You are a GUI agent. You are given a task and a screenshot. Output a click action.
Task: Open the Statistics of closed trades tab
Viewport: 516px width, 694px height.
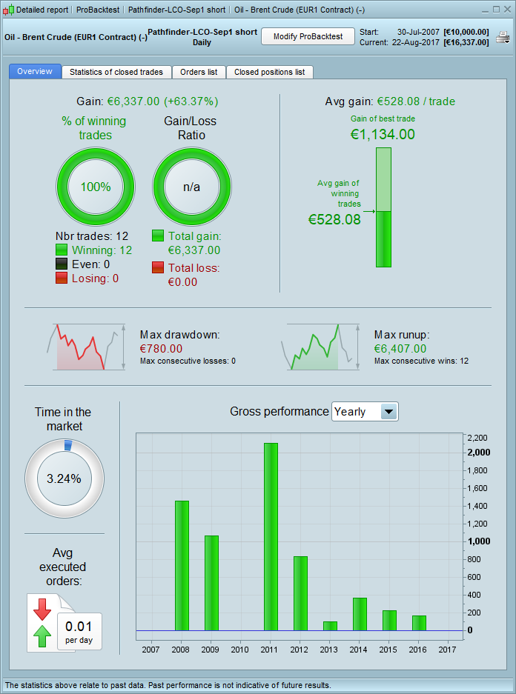(x=117, y=72)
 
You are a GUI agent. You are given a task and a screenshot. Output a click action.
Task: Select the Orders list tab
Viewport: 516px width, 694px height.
(x=199, y=72)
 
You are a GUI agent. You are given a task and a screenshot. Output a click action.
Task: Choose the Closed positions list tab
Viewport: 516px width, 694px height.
(x=269, y=72)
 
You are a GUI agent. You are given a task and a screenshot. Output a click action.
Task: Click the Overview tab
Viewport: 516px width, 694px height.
(x=35, y=72)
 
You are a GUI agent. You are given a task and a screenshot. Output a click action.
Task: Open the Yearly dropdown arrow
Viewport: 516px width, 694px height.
(x=388, y=412)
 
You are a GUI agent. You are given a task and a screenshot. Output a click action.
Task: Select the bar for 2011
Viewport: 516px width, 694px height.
(x=271, y=536)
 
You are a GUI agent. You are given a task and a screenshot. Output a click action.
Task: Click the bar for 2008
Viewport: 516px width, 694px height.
(x=182, y=565)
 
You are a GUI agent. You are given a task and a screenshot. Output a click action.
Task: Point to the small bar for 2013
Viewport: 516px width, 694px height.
(x=330, y=626)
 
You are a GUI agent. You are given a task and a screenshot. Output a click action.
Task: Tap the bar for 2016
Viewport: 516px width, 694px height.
(x=419, y=623)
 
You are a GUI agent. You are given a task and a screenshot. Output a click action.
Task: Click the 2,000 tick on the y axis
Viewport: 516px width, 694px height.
(x=479, y=453)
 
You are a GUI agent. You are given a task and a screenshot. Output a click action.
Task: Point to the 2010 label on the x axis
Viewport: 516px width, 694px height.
(x=239, y=650)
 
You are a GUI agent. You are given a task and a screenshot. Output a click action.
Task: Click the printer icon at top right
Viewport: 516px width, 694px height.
(x=503, y=38)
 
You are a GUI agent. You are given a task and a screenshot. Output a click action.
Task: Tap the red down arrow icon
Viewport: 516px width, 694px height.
(x=42, y=608)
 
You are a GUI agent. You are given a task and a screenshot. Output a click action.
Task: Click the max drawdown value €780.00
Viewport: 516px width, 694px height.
(x=161, y=348)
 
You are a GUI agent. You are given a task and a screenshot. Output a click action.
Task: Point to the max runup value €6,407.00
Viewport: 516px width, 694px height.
(x=400, y=348)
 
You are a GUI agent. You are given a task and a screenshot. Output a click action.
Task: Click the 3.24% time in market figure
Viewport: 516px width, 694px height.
(x=64, y=478)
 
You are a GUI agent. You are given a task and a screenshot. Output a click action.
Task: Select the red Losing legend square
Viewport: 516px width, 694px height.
(x=62, y=278)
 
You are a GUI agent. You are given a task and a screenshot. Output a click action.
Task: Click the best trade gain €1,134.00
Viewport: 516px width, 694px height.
(x=383, y=134)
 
